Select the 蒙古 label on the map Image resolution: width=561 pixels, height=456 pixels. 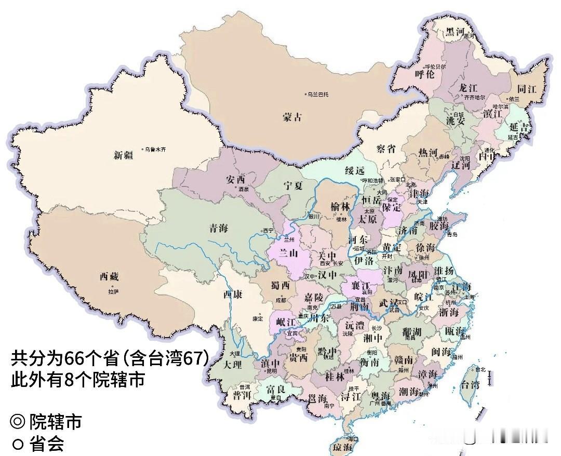(292, 118)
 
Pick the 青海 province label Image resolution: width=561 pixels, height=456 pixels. (219, 227)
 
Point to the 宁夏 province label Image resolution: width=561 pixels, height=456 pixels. (293, 185)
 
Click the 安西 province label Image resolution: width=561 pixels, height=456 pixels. (235, 179)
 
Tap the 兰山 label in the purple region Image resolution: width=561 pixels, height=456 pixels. (289, 253)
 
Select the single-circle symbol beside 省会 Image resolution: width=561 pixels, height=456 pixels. (18, 445)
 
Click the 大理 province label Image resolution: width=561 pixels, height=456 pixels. (232, 365)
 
